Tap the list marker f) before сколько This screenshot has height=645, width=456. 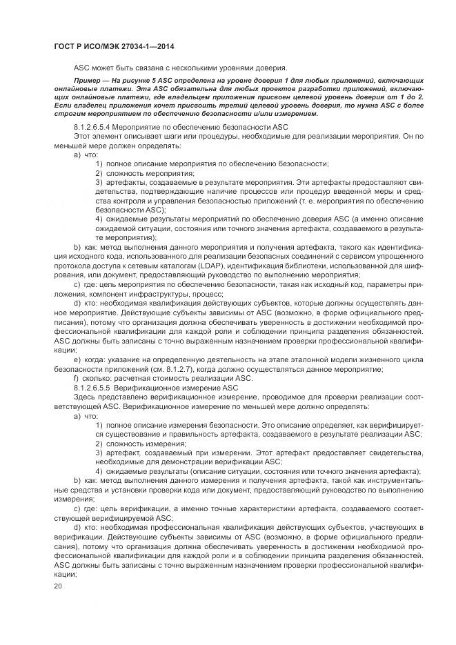(x=77, y=379)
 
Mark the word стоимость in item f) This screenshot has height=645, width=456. (x=168, y=379)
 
